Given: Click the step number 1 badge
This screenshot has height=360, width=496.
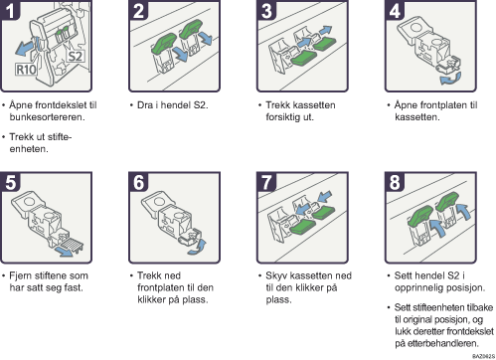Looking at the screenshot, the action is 10,10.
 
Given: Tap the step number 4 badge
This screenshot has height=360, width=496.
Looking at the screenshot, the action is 395,10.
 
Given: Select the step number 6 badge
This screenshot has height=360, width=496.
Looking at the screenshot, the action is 138,182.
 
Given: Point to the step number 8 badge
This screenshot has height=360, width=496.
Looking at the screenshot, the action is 395,182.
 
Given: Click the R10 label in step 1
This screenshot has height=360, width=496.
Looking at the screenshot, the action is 26,70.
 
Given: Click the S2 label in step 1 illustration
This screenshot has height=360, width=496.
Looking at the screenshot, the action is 75,56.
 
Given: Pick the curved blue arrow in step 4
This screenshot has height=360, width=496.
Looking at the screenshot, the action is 450,79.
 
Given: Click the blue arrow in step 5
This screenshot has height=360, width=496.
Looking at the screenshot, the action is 65,252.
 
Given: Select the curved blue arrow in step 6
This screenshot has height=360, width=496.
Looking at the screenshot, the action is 198,248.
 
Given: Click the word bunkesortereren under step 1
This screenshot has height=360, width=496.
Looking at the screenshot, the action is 47,117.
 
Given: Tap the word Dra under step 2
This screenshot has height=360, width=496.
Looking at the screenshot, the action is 145,105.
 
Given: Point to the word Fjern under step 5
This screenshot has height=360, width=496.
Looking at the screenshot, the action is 21,275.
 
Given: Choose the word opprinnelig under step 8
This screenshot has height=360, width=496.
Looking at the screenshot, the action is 419,287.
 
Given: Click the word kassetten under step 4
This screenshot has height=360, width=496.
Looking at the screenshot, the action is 416,117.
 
